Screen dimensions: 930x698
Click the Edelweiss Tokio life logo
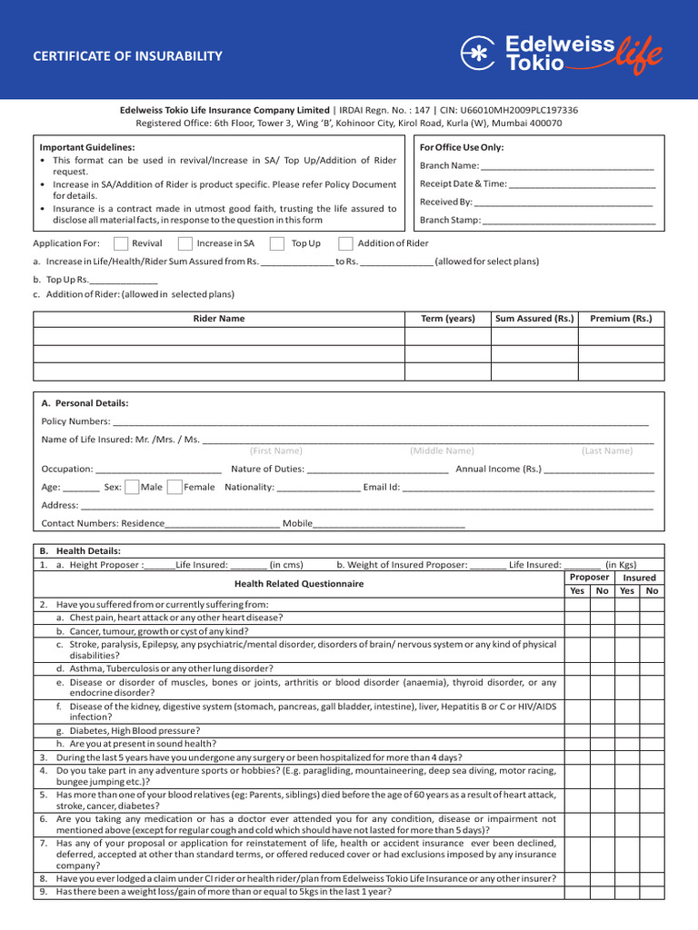pos(561,54)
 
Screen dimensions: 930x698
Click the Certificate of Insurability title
pos(127,56)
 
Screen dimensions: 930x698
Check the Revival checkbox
pos(121,243)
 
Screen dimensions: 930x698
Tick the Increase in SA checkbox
pos(185,243)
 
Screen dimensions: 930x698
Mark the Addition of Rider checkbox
pos(345,243)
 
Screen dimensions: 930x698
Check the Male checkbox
pos(132,487)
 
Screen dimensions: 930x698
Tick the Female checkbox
pos(174,487)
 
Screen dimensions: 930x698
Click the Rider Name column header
pos(219,319)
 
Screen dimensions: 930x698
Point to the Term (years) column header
pos(447,319)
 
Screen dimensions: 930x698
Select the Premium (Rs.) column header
pos(621,319)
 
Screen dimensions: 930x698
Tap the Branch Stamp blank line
pos(568,221)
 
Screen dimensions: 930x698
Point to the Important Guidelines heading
pos(87,147)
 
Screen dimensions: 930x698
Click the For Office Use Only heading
pos(462,147)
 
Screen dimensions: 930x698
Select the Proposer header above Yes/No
pos(589,577)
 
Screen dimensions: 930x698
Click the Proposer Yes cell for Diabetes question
pos(577,730)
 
